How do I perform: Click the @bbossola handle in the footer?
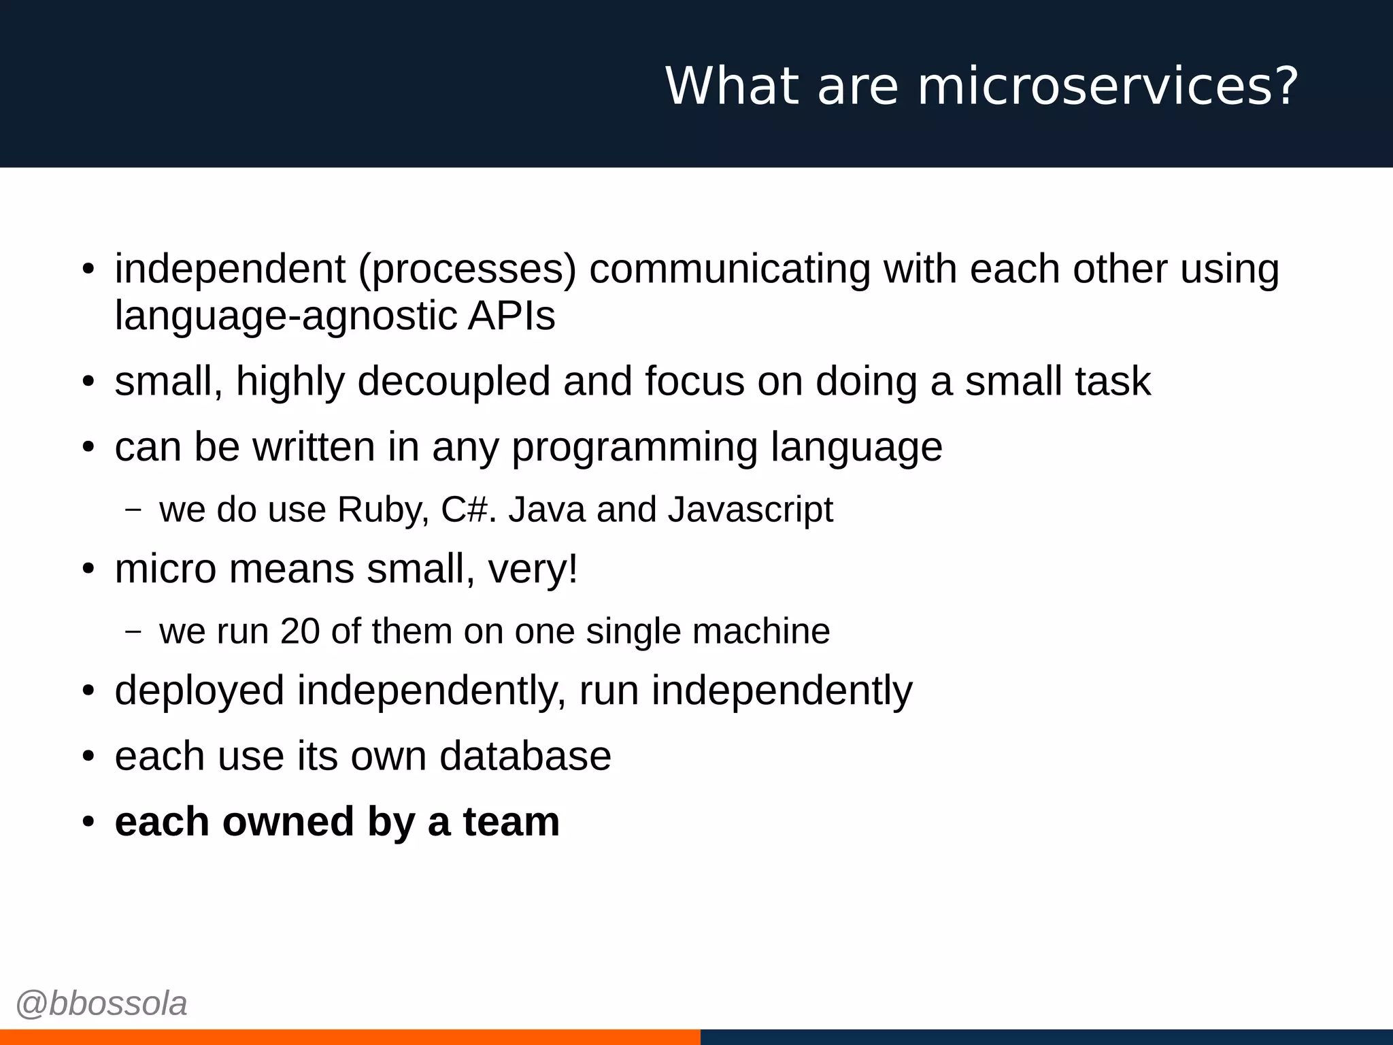click(101, 1003)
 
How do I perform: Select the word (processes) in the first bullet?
click(467, 269)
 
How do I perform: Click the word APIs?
click(511, 316)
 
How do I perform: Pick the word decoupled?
click(454, 381)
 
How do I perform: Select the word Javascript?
click(750, 510)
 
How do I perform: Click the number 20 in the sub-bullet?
click(299, 631)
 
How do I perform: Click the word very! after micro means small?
click(533, 570)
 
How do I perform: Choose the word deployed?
click(199, 691)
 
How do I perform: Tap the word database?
click(525, 757)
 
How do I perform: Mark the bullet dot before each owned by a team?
click(88, 823)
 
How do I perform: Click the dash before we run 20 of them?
click(134, 631)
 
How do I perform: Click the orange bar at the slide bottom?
click(350, 1037)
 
